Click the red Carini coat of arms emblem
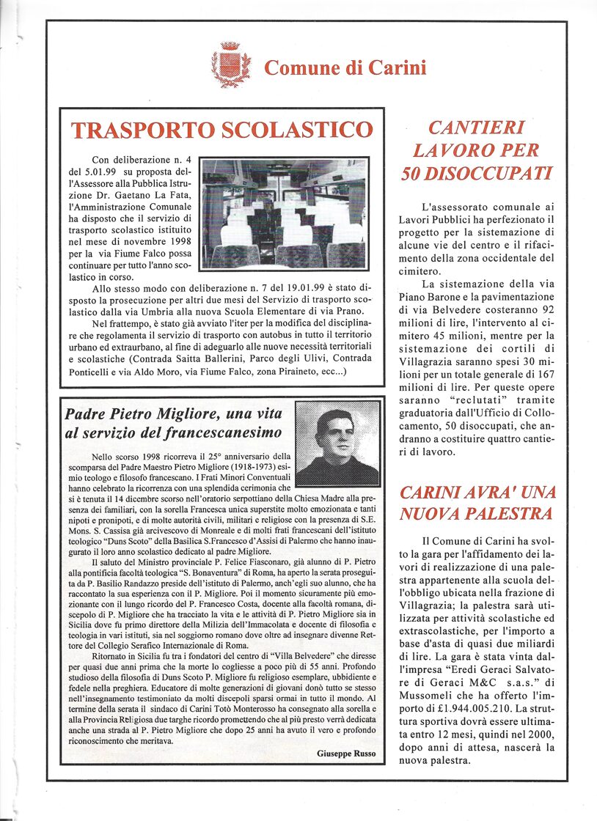click(x=227, y=65)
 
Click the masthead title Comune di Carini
click(x=345, y=68)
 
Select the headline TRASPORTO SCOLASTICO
click(x=221, y=130)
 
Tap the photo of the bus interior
click(x=285, y=212)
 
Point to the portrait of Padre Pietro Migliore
click(x=337, y=444)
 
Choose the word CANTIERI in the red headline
click(x=476, y=128)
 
